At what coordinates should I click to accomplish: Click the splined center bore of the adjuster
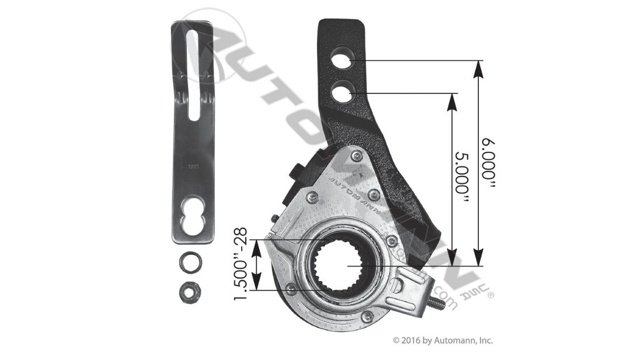[x=346, y=265]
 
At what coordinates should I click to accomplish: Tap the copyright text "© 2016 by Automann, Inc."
[x=443, y=340]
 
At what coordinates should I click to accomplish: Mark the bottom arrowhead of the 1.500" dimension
[x=258, y=285]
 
